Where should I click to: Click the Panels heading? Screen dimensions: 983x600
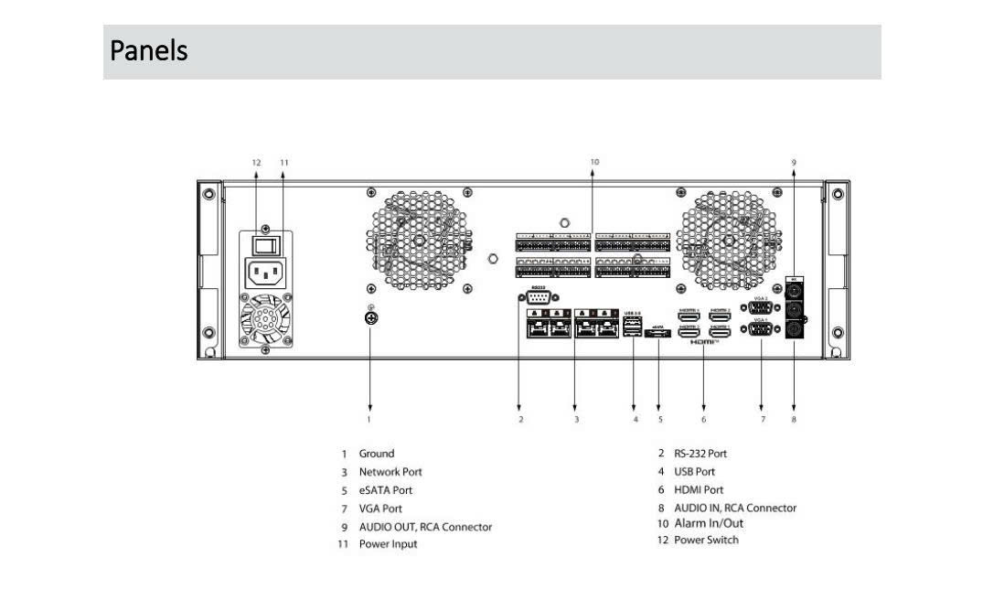click(149, 50)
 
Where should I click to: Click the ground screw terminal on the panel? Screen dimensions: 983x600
click(370, 318)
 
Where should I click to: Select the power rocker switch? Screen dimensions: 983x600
click(265, 244)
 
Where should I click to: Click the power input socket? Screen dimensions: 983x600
click(266, 273)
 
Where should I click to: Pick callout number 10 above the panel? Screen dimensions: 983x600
click(594, 162)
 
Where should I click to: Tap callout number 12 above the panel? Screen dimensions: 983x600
click(257, 162)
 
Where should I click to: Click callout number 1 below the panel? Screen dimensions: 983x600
click(369, 419)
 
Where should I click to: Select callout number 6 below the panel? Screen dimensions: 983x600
click(704, 419)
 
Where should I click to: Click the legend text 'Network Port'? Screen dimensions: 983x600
click(390, 472)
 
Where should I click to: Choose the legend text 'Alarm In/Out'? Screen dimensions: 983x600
click(709, 523)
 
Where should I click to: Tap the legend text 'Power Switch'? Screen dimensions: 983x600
click(706, 540)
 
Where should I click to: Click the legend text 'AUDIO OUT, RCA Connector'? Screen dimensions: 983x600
click(425, 527)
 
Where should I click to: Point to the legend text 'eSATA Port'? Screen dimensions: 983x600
click(385, 490)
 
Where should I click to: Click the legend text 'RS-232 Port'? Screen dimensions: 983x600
click(700, 454)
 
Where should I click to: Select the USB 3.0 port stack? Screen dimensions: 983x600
click(633, 327)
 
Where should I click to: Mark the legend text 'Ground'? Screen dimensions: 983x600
click(376, 454)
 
